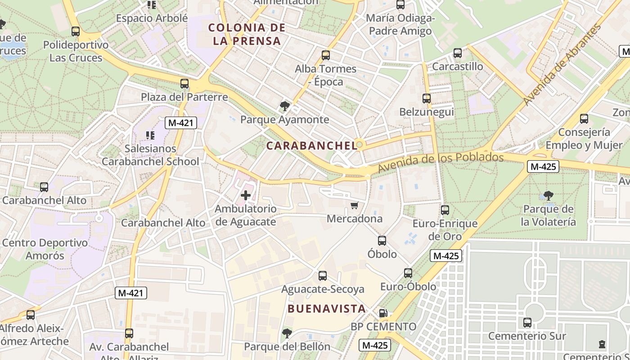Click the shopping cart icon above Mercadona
tap(354, 206)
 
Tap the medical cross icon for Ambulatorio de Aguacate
tap(246, 195)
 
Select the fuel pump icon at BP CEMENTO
tap(383, 313)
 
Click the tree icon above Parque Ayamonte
tap(284, 106)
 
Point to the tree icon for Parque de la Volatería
tap(548, 196)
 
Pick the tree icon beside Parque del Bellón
tap(287, 333)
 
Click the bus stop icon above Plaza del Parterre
tap(184, 84)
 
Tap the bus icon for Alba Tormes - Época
tap(326, 55)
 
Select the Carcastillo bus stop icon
tap(458, 53)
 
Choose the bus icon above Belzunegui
tap(427, 99)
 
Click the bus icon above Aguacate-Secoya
tap(323, 276)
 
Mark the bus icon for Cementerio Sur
tap(527, 323)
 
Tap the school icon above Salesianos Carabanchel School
tap(150, 135)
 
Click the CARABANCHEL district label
tap(311, 145)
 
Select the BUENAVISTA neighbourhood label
tap(326, 309)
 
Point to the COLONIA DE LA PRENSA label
tap(247, 34)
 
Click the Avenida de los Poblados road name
tap(441, 162)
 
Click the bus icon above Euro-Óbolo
tap(408, 273)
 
